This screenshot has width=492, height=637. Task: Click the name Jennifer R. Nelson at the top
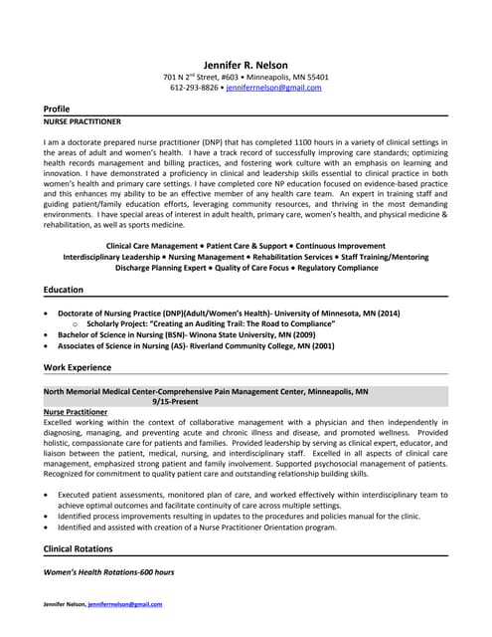(x=246, y=64)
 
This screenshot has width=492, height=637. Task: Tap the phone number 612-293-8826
(x=194, y=88)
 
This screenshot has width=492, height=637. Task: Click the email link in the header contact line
(x=273, y=88)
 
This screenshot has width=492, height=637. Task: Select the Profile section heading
(x=57, y=107)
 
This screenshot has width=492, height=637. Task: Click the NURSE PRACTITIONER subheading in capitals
(x=82, y=121)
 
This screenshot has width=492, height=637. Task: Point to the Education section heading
(x=63, y=289)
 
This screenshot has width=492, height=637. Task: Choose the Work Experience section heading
(x=77, y=367)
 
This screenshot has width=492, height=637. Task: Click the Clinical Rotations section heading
(x=83, y=548)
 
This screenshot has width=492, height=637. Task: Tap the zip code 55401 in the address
(x=316, y=77)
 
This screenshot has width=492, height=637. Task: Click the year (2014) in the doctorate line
(x=386, y=313)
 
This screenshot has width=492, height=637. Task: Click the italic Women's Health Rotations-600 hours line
(x=109, y=572)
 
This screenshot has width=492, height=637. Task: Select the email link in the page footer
(x=124, y=604)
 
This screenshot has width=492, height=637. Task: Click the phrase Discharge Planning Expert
(x=161, y=268)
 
